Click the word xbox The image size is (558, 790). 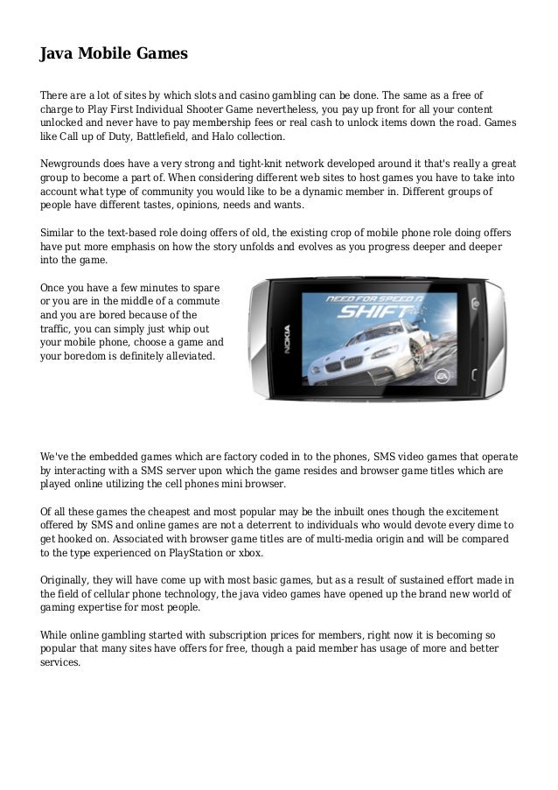(250, 554)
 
